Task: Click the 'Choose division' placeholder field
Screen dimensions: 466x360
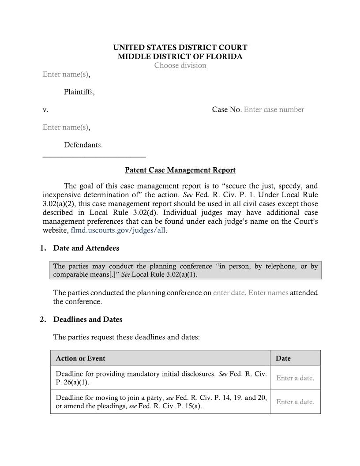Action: [x=180, y=65]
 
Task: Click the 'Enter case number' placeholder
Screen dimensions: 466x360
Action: [x=274, y=109]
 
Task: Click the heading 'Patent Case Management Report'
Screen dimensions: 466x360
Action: [x=180, y=170]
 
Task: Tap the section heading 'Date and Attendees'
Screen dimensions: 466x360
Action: [x=86, y=248]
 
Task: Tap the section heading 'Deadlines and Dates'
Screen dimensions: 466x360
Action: [x=88, y=319]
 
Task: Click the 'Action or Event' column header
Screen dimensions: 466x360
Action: [x=80, y=358]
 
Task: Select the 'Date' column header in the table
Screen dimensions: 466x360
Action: [x=283, y=358]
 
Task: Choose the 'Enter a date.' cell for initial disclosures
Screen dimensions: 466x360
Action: [x=295, y=378]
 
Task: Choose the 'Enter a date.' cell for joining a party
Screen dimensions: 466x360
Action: [x=295, y=402]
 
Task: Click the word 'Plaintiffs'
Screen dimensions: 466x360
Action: [x=79, y=92]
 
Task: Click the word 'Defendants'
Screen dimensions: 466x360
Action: [x=82, y=145]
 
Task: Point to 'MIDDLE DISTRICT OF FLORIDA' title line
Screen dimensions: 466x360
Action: [x=180, y=56]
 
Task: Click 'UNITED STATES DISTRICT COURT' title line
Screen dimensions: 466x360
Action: [x=180, y=47]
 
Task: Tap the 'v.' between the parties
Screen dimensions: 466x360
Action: [x=45, y=109]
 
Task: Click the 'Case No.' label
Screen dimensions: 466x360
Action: [x=226, y=109]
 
